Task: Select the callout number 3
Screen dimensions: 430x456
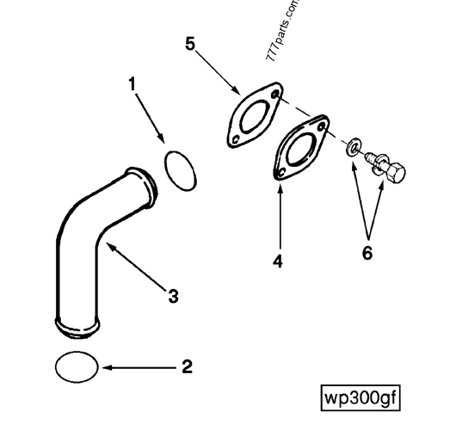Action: pyautogui.click(x=173, y=297)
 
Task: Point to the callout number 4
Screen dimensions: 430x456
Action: pyautogui.click(x=278, y=261)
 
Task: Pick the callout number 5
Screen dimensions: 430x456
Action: pyautogui.click(x=190, y=43)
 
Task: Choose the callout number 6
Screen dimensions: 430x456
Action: pyautogui.click(x=367, y=254)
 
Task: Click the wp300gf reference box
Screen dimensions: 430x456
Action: pyautogui.click(x=360, y=398)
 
